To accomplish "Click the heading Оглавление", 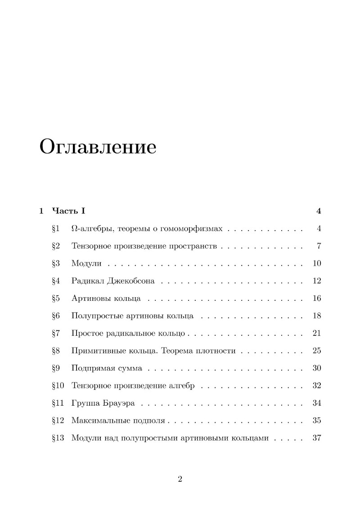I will [98, 147].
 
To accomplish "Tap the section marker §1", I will [56, 229].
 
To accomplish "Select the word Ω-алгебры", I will [90, 229].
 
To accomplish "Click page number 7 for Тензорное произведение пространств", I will [318, 246].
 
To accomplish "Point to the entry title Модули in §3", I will [84, 263].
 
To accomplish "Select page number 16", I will [316, 298].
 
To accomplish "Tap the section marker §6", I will [56, 316].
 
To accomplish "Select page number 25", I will [316, 351].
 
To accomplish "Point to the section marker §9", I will [56, 368].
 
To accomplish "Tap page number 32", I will [316, 386].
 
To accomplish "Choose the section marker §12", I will [58, 421].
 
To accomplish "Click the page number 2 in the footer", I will [180, 479].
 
